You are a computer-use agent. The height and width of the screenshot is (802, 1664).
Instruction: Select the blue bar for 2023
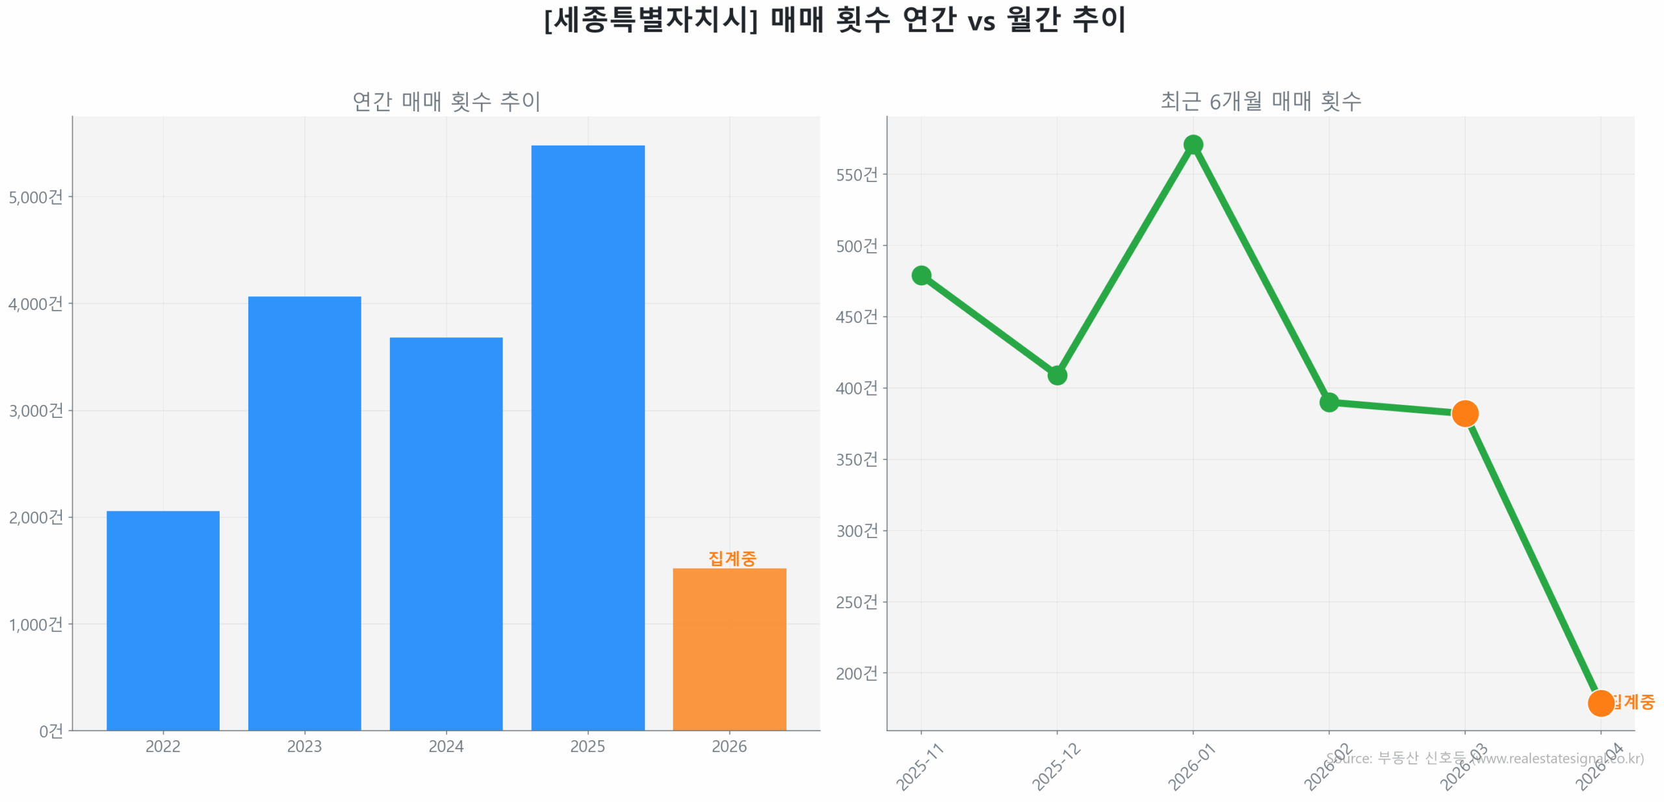[304, 513]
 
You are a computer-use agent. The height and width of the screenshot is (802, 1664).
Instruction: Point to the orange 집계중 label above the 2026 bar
[732, 558]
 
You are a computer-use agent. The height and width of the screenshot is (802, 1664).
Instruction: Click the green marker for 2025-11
[921, 276]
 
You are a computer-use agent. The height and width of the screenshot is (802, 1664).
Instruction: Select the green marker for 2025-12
[1057, 375]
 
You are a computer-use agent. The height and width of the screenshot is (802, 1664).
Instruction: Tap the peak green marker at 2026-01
[1193, 144]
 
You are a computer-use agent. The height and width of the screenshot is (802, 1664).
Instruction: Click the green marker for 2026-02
[1329, 402]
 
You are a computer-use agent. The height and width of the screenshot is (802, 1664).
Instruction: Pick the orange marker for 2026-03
[1464, 413]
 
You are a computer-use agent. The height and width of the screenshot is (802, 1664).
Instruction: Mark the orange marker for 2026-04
[1600, 703]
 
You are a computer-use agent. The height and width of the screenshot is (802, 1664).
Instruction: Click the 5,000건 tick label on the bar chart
[36, 197]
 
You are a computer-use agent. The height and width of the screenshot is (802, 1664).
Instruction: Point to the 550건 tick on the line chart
[856, 175]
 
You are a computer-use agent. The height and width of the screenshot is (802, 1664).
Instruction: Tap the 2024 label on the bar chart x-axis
[446, 746]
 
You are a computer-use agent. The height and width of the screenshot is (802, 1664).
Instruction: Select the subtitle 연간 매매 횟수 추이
[446, 101]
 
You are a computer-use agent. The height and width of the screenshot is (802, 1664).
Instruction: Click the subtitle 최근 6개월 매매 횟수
[1260, 101]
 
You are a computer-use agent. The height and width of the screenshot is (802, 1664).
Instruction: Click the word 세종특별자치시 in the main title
[651, 19]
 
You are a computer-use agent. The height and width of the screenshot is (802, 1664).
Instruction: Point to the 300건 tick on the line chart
[856, 531]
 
